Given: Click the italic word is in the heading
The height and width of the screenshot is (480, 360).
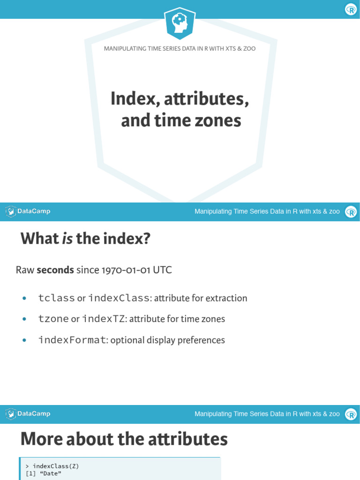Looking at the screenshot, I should coord(67,239).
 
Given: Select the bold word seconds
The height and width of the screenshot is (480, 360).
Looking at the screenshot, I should coord(55,270).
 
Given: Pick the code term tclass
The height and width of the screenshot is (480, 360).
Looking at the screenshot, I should coord(56,298).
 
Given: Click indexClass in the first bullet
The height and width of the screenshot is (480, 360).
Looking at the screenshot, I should coord(118,298).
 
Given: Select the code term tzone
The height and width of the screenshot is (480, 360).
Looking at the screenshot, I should coord(53,319).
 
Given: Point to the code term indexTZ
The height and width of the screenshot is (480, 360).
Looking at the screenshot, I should coord(103,319).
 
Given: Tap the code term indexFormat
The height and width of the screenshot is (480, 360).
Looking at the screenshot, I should coord(72,340).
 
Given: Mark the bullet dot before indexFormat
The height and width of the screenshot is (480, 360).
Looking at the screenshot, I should coord(24,340).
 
